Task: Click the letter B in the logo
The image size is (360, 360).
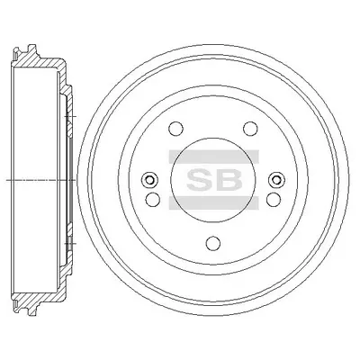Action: click(x=229, y=179)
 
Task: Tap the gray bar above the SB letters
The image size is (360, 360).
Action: click(x=213, y=156)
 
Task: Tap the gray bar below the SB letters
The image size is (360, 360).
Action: click(x=213, y=203)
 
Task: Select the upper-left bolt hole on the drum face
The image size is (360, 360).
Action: click(x=175, y=129)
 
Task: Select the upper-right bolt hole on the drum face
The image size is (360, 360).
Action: click(x=250, y=129)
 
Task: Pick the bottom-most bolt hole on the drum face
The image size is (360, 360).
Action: click(x=213, y=243)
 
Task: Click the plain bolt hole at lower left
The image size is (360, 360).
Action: click(x=153, y=199)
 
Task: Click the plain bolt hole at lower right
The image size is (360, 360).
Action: click(x=274, y=199)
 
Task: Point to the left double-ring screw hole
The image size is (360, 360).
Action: click(x=149, y=180)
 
